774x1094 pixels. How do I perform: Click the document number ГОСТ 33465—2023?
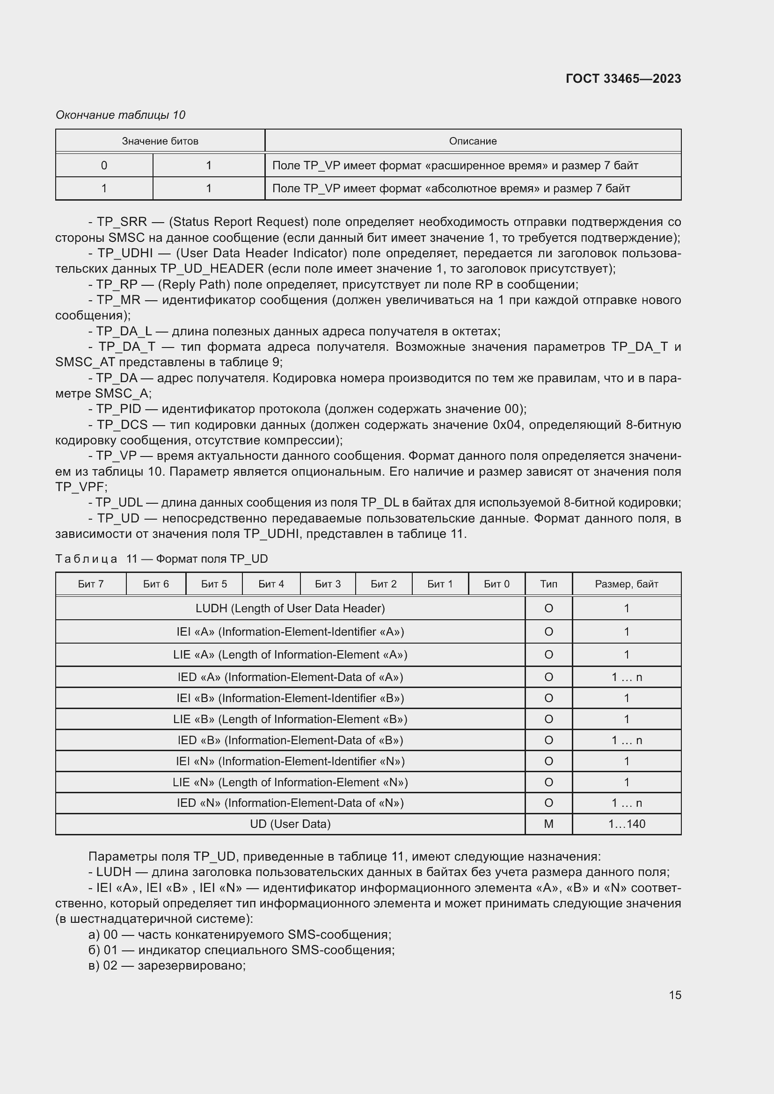(x=623, y=79)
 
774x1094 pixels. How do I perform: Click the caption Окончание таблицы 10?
(x=120, y=115)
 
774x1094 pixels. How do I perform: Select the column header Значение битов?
(x=160, y=141)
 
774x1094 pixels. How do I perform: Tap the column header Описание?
(x=472, y=141)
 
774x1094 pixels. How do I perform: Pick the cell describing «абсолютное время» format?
(x=451, y=188)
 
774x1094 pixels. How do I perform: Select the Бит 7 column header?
(x=91, y=584)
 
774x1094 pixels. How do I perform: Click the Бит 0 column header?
(x=496, y=584)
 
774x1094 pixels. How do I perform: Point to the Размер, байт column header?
(x=626, y=584)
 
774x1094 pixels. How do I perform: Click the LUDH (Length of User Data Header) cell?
(x=290, y=609)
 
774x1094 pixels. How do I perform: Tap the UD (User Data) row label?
(x=290, y=824)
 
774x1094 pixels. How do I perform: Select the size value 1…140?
(x=626, y=824)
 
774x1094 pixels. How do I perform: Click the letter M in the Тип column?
(x=548, y=824)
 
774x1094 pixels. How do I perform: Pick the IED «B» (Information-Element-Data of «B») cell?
(x=290, y=740)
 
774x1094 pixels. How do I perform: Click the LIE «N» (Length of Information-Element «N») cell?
(x=290, y=782)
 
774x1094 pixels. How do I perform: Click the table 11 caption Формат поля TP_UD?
(x=212, y=558)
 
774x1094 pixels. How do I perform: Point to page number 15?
(x=674, y=995)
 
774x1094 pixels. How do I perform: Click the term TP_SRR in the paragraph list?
(x=122, y=222)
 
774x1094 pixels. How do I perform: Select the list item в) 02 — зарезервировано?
(x=167, y=966)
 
